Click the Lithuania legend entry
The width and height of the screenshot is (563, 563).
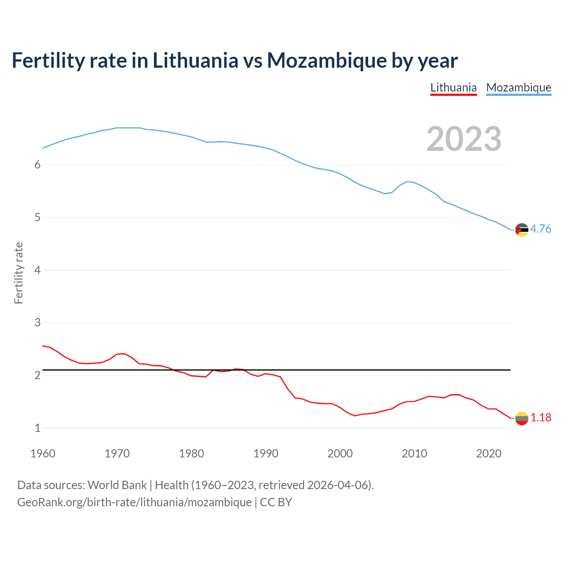click(x=453, y=88)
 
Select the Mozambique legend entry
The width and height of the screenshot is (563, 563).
click(x=519, y=88)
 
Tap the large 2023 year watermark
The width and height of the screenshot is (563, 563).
click(x=464, y=139)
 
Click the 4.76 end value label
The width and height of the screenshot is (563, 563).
click(x=541, y=229)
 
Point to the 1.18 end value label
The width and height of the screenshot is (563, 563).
click(x=541, y=417)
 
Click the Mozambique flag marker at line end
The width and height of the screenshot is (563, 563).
click(x=522, y=230)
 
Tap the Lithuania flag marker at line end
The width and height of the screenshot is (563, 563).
click(x=522, y=418)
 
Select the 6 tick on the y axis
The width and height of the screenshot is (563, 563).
click(x=37, y=165)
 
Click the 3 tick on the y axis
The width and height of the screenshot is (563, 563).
click(x=37, y=322)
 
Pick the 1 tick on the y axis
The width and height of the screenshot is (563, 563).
click(x=37, y=428)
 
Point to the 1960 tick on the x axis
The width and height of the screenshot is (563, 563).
click(x=43, y=453)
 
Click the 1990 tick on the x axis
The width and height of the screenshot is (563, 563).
click(x=266, y=453)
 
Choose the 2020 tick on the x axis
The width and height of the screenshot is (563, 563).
click(x=489, y=453)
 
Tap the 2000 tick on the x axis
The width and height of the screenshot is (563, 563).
click(x=340, y=453)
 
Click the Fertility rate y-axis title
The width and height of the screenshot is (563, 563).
click(x=18, y=273)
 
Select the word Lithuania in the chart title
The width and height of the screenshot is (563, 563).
click(x=195, y=60)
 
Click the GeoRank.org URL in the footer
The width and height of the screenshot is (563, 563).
click(x=134, y=502)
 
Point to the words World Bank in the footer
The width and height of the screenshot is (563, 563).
click(x=117, y=485)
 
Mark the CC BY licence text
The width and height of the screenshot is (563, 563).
click(x=276, y=502)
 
